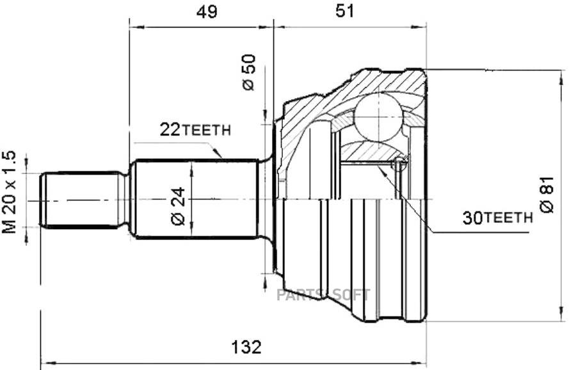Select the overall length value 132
point(246,347)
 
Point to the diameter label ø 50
point(249,72)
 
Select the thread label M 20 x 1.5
point(9,192)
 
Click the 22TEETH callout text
point(195,131)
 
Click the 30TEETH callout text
point(497,218)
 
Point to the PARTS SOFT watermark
point(323,295)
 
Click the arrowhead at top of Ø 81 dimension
point(561,76)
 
